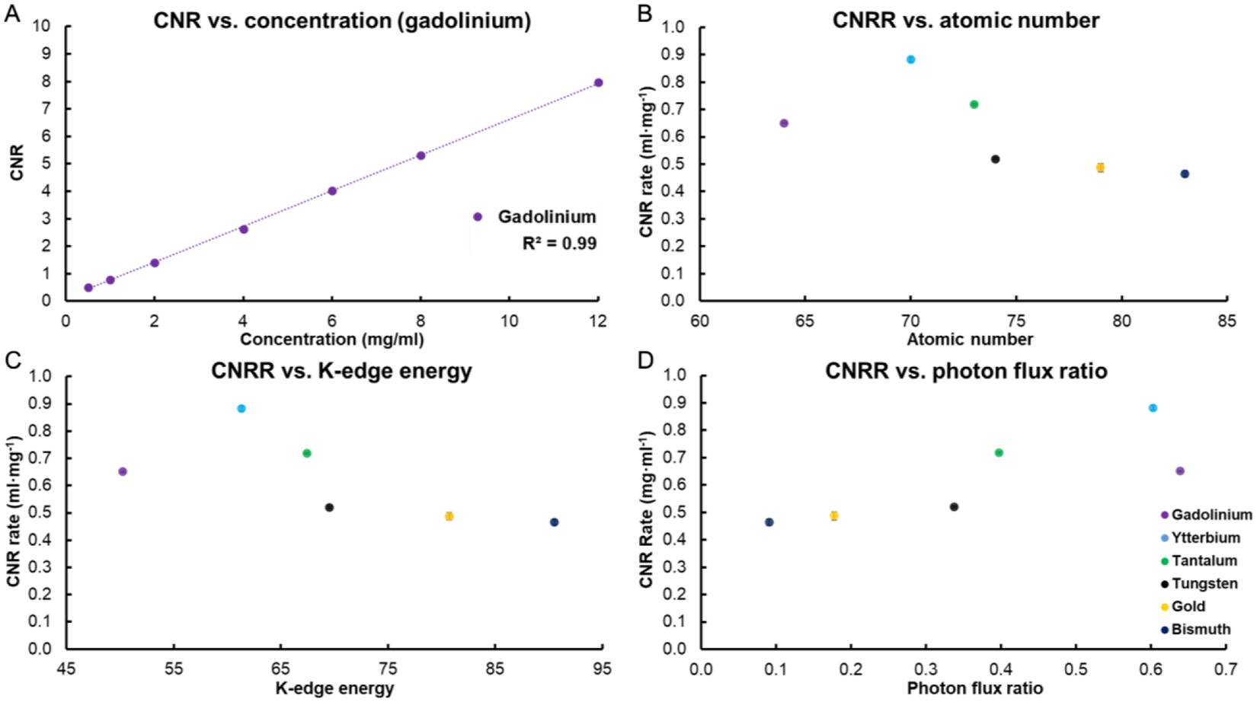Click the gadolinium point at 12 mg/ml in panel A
coord(598,83)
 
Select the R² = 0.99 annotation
coord(559,244)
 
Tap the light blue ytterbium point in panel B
coord(910,59)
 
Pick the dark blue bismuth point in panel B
coord(1185,174)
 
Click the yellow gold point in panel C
coord(449,516)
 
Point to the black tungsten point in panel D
coord(954,507)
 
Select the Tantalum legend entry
coord(1204,561)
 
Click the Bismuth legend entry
coord(1201,630)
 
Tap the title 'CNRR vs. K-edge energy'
coord(341,371)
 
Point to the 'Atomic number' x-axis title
coord(969,340)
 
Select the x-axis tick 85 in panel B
coord(1227,321)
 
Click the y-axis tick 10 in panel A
coord(41,26)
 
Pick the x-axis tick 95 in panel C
coord(602,669)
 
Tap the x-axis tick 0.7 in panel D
coord(1225,669)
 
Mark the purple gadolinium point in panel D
coord(1180,471)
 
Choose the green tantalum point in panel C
coord(307,454)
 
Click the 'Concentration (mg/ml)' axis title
coord(331,340)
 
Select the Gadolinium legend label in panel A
coord(546,217)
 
